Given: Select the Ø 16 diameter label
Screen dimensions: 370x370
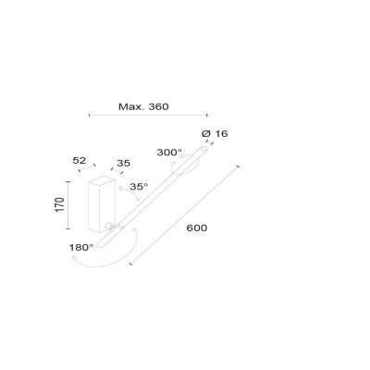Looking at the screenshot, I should (x=216, y=134).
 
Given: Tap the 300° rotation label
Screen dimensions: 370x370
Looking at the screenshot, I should (x=169, y=152).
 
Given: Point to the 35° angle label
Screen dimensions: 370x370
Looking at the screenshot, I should (x=140, y=187).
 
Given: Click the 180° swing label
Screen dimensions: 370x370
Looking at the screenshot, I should (x=81, y=247).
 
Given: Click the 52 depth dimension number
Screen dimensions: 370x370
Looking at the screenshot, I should (x=80, y=160).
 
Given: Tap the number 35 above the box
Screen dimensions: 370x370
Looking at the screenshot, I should (x=122, y=164).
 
